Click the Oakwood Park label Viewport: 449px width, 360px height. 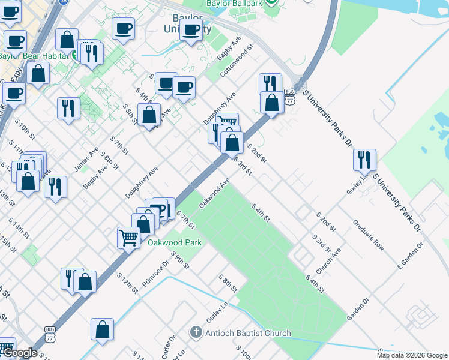tap(175, 242)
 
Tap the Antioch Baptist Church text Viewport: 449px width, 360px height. tap(248, 333)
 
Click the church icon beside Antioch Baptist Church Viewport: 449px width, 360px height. tap(195, 332)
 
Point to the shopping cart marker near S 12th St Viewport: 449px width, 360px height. tap(129, 238)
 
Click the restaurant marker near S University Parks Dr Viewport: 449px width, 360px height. tap(364, 160)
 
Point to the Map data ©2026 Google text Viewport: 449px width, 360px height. tap(412, 355)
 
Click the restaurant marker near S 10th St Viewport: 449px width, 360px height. tap(68, 108)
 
